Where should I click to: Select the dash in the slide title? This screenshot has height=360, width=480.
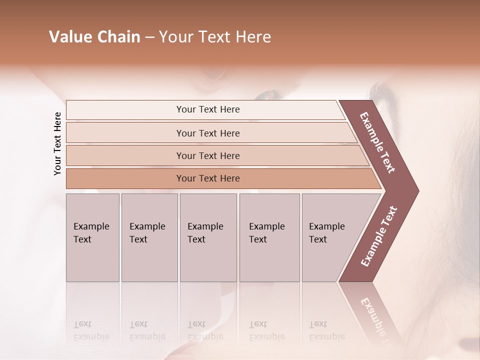(x=149, y=37)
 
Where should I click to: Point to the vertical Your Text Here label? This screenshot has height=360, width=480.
(x=57, y=143)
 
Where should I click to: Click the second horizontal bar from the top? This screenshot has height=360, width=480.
(x=208, y=133)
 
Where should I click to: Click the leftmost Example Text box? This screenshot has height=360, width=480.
(x=92, y=237)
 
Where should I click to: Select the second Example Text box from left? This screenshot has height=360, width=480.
(x=149, y=237)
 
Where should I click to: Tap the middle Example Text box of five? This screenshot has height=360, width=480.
(x=208, y=237)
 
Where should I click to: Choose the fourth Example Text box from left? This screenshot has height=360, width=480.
(x=269, y=237)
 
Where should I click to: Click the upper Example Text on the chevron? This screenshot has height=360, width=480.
(x=377, y=142)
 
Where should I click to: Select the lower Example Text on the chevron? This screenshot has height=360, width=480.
(x=379, y=236)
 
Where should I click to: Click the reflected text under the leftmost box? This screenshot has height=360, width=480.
(x=91, y=330)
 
